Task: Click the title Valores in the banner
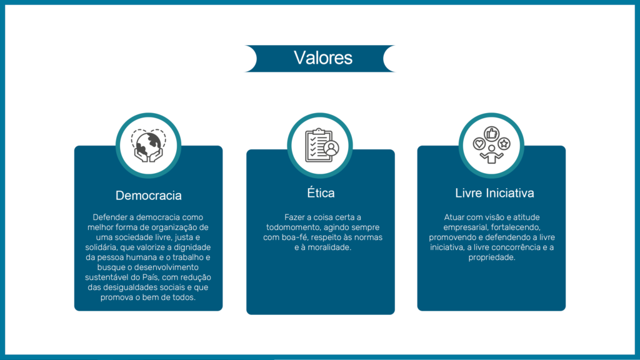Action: [x=323, y=58]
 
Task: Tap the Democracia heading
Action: [x=149, y=196]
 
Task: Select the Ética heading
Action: [x=321, y=192]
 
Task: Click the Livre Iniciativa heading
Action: [x=494, y=193]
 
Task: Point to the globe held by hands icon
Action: [x=149, y=146]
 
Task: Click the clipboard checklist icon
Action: [x=322, y=145]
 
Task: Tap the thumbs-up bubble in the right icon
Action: [x=491, y=134]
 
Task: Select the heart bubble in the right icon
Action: [x=479, y=144]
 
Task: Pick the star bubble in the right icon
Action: [x=504, y=144]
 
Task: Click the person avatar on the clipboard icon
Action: [x=331, y=148]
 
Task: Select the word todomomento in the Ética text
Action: [x=291, y=227]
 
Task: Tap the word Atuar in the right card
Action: [x=454, y=217]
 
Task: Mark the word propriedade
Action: [x=491, y=257]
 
